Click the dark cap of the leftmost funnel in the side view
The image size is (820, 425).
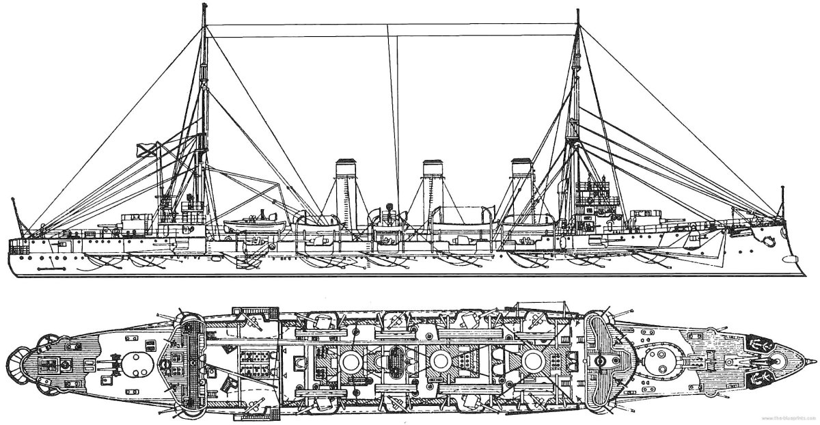tap(345, 164)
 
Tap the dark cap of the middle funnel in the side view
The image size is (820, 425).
tap(433, 164)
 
